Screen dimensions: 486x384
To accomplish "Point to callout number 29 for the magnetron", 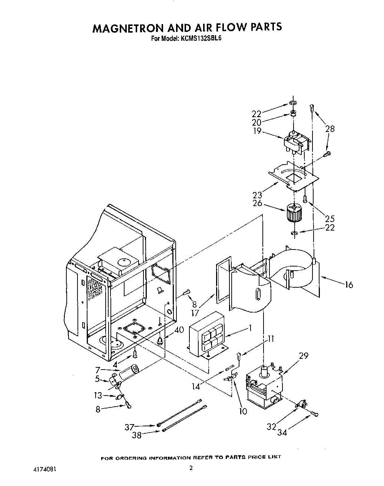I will tap(304, 356).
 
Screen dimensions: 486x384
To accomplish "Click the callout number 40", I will tap(179, 329).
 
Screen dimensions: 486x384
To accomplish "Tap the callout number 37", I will tap(129, 427).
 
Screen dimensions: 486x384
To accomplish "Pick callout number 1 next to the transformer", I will tap(251, 328).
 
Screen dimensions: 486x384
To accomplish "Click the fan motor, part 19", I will tap(296, 142).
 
